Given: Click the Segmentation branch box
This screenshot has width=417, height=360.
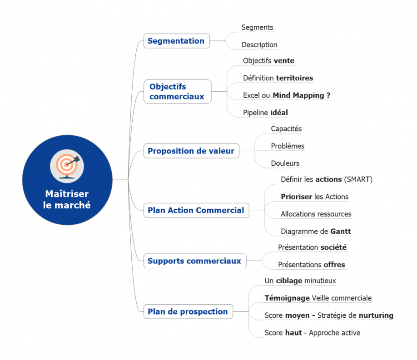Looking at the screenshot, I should [176, 41].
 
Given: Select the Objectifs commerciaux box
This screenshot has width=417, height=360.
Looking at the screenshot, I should [177, 91].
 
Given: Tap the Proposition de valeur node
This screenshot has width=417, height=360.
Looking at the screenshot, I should [191, 151].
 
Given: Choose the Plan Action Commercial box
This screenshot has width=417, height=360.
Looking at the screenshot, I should [196, 210].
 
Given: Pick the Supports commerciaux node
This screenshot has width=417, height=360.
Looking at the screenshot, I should [194, 261].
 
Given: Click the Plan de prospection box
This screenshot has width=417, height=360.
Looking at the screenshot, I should [188, 311].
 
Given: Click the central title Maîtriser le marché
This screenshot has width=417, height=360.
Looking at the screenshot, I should [67, 200].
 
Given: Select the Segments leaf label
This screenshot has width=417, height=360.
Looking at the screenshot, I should [257, 28].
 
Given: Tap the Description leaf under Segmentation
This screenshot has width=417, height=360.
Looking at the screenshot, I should [259, 45].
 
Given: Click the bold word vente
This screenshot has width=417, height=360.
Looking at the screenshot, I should [284, 61].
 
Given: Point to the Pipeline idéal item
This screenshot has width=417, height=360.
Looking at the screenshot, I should [265, 113].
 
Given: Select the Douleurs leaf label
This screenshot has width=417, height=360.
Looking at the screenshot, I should [285, 163].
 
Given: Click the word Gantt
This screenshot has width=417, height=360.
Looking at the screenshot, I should [341, 232].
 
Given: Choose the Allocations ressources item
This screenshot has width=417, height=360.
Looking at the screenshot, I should [316, 214].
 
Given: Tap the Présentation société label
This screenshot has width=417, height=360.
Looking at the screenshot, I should [312, 247].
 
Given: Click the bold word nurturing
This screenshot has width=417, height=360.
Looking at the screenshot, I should [376, 316].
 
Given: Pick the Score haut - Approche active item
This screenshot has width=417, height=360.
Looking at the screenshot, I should [312, 333].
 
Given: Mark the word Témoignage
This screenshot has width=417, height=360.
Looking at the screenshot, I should [287, 298].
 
